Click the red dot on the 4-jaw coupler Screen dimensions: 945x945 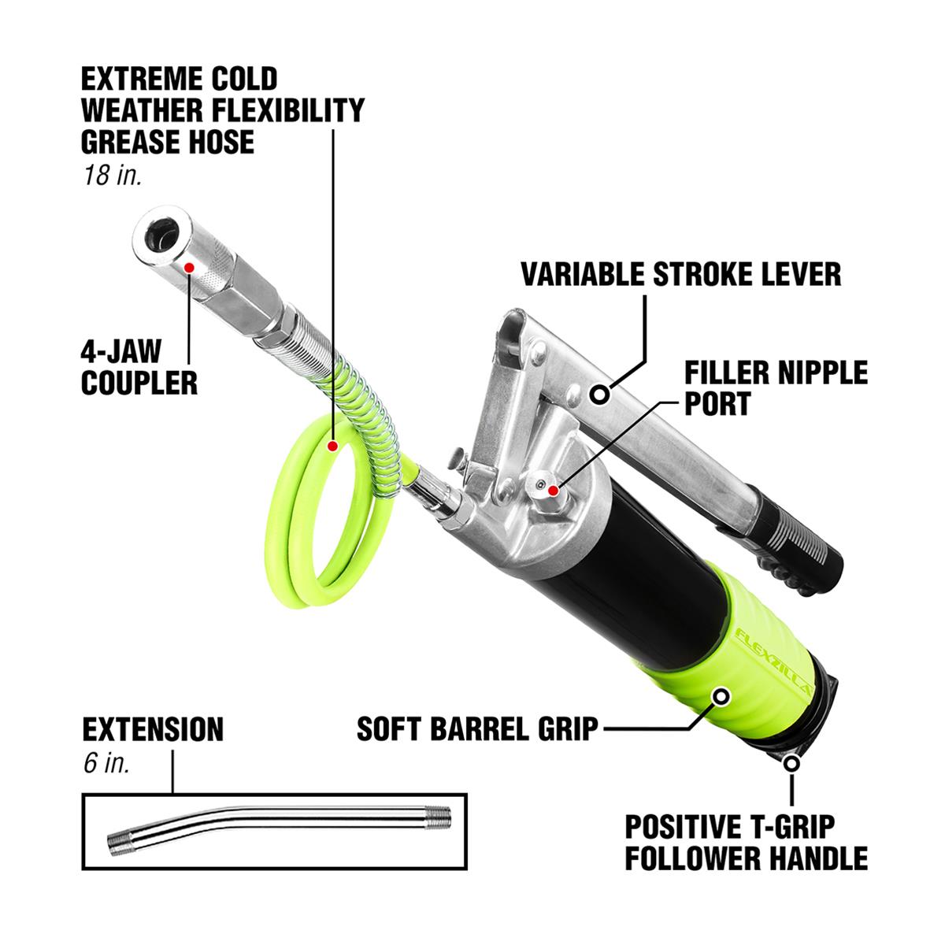pos(189,267)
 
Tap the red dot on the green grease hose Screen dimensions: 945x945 pos(332,446)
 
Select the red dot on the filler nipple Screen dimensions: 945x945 pos(553,490)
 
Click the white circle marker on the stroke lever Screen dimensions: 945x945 pos(599,394)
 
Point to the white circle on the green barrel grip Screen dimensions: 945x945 pos(721,696)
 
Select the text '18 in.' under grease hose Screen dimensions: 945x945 pos(113,175)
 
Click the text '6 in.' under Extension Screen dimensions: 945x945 pos(106,764)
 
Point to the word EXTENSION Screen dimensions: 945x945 pos(153,729)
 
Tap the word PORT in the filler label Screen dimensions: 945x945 pos(717,404)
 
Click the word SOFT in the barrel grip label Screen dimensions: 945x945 pos(389,729)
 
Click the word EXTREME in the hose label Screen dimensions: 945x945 pos(141,79)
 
